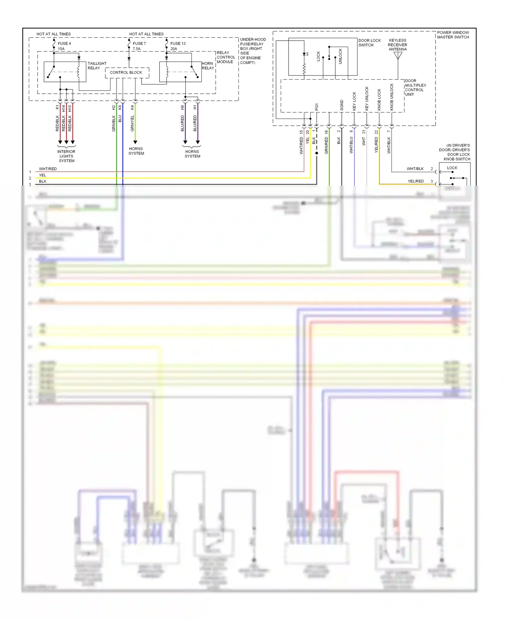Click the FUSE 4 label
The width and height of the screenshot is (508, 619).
point(64,44)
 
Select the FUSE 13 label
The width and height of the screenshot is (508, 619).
point(178,44)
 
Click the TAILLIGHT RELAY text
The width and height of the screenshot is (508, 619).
point(97,66)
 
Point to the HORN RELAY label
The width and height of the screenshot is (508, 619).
point(208,66)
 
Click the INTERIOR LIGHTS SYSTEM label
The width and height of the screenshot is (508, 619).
point(66,156)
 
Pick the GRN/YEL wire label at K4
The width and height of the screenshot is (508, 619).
point(132,123)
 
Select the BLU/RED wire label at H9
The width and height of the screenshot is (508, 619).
point(183,123)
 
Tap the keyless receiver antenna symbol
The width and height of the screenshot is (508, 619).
point(398,56)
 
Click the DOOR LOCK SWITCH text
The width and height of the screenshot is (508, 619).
point(369,43)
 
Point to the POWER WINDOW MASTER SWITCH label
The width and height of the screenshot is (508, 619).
point(453,35)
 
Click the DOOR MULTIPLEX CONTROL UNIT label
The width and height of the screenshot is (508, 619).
point(415,88)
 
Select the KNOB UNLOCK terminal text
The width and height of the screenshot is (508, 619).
point(392,97)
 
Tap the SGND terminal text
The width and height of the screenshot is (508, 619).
point(342,105)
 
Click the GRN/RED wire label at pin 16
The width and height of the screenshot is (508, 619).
point(326,145)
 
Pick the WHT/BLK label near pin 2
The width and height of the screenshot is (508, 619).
point(415,169)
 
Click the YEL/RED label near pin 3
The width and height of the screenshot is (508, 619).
point(416,181)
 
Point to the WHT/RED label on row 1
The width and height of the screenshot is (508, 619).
point(48,169)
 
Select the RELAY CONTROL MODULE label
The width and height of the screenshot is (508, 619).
point(226,57)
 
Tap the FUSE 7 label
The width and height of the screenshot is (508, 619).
point(139,44)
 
